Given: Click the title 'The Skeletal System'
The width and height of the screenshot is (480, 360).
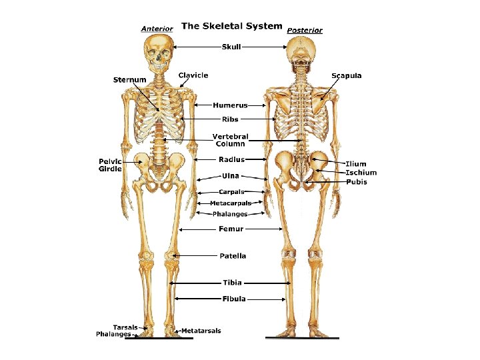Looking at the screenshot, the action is point(231,26).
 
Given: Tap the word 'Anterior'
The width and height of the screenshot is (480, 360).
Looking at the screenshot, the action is point(157,29).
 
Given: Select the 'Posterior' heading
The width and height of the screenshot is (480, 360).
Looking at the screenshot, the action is point(305,30).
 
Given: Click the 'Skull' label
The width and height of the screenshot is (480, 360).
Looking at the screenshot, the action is point(231,47).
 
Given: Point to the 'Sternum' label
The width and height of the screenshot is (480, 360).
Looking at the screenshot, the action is point(129,80).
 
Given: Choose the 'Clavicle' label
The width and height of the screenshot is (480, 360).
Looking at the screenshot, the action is point(193,75).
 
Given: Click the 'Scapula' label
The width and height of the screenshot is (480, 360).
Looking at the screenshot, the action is point(347,76).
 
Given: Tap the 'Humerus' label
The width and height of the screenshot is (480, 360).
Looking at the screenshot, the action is point(231,105).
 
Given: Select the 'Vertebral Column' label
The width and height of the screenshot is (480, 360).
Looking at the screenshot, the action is point(229,140).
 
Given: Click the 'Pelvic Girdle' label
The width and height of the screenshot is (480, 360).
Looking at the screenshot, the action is point(111,165).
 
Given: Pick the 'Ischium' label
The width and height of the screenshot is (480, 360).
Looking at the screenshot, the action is point(361,173).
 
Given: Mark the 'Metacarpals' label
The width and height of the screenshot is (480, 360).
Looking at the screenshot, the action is point(231,203).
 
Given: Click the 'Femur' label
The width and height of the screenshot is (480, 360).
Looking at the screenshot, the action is point(231,229).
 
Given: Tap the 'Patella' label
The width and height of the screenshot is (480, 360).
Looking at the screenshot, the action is point(233,255).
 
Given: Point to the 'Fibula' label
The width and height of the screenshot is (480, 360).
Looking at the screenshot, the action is point(234,299).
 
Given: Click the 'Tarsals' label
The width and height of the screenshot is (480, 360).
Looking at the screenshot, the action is point(125,327).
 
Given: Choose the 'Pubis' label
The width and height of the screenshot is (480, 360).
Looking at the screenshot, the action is point(356,182).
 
